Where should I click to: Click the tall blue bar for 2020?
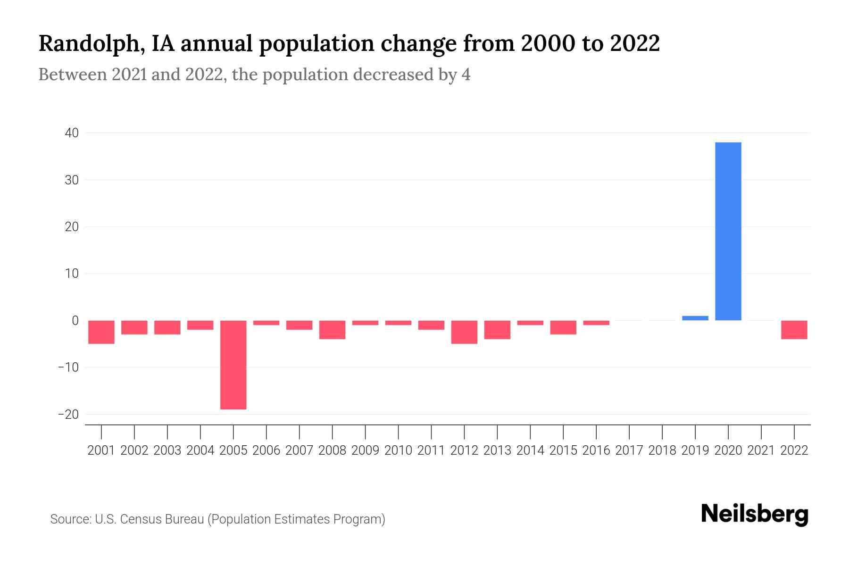[x=728, y=231]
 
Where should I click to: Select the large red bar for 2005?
[x=233, y=365]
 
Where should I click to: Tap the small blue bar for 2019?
[x=695, y=318]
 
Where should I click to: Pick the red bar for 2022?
[x=794, y=330]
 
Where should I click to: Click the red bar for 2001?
[x=101, y=332]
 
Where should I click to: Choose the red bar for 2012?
[x=464, y=332]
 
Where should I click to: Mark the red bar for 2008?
[x=333, y=330]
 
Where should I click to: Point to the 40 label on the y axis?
[x=72, y=133]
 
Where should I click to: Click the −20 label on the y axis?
[x=68, y=414]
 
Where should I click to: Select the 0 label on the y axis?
[x=75, y=321]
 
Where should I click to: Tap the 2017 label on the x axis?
[x=629, y=450]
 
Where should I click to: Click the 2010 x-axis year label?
[x=398, y=450]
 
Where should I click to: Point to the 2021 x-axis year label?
[x=761, y=450]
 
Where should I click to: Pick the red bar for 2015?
[x=563, y=327]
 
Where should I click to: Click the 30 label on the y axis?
[x=72, y=180]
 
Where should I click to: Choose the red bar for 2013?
[x=497, y=330]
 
